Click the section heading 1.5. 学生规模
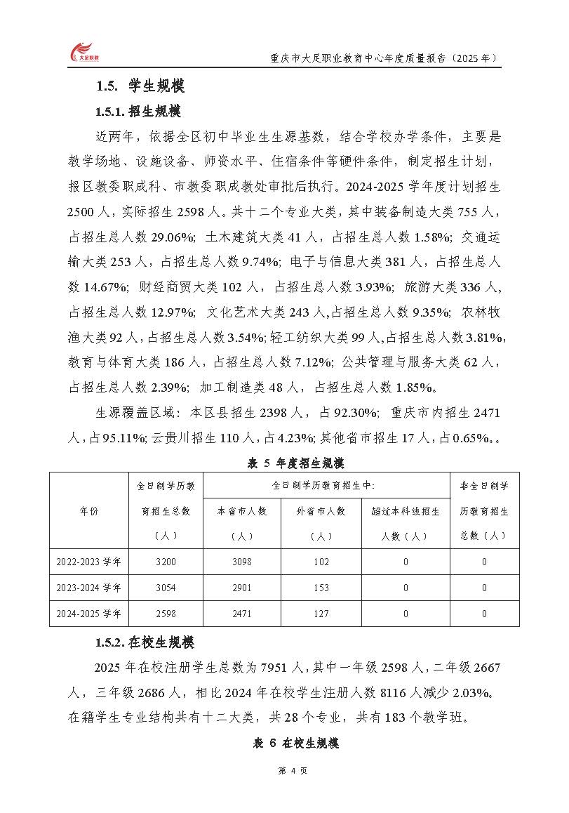[140, 87]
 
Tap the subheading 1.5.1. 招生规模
[138, 112]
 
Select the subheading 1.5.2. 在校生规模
[145, 642]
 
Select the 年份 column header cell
[89, 511]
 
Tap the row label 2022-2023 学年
[89, 562]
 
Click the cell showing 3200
[166, 562]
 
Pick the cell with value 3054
[166, 588]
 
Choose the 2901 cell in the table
[242, 588]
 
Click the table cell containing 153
[321, 588]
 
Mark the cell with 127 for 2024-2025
[321, 614]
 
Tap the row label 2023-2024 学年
[89, 588]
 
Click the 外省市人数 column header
[321, 511]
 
